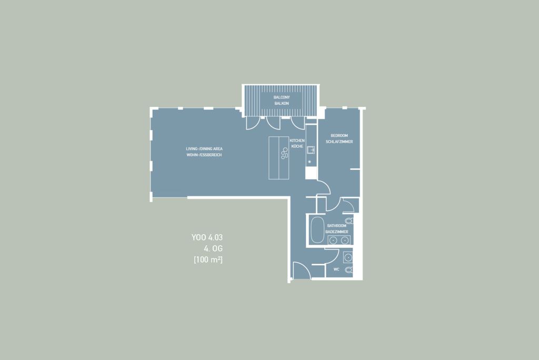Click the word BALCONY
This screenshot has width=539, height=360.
[x=282, y=97]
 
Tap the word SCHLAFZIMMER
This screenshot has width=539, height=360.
[x=339, y=142]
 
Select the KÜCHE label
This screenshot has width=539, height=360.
[x=297, y=146]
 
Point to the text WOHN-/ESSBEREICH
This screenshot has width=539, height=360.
[x=204, y=155]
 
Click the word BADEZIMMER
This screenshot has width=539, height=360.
[x=336, y=232]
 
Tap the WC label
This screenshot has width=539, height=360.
[x=336, y=269]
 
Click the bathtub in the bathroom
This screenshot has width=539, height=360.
[x=317, y=230]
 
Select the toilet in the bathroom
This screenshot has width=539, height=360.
[x=348, y=221]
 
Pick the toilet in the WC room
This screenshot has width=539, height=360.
[x=348, y=269]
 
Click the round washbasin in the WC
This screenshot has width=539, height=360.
[x=348, y=257]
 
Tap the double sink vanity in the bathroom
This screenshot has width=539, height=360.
[x=338, y=240]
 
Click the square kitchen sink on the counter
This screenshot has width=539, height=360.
[x=311, y=150]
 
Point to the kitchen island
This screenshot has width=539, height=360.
[x=279, y=158]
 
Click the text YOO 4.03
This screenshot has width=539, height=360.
[x=207, y=237]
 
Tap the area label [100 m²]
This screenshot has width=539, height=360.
[x=208, y=259]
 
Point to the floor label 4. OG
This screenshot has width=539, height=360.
[x=213, y=248]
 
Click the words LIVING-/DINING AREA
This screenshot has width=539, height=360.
[x=204, y=149]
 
